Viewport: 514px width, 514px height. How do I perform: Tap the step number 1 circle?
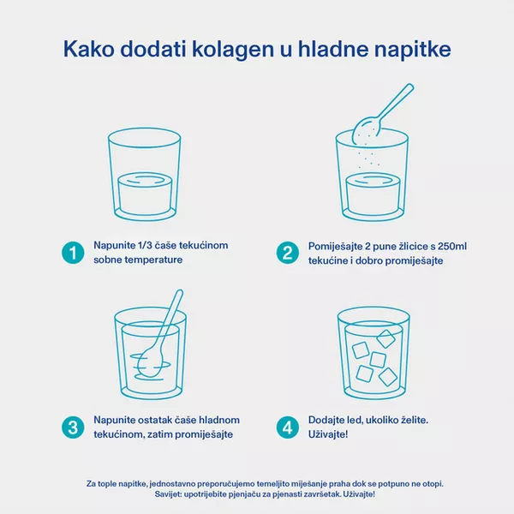[73, 253]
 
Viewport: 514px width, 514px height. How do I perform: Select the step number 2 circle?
[288, 253]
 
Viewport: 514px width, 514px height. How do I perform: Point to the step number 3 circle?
[73, 427]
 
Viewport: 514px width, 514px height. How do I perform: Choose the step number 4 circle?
[288, 427]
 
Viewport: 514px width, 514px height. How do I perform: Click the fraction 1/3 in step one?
[144, 245]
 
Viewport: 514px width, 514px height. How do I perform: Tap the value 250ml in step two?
[452, 246]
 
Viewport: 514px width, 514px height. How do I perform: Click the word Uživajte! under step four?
[328, 434]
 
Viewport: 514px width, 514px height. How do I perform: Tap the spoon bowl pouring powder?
[366, 131]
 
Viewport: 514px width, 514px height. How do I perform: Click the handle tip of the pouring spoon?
[410, 87]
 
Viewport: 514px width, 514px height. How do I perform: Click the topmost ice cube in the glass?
[385, 339]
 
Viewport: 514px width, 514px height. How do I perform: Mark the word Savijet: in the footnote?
[168, 494]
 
